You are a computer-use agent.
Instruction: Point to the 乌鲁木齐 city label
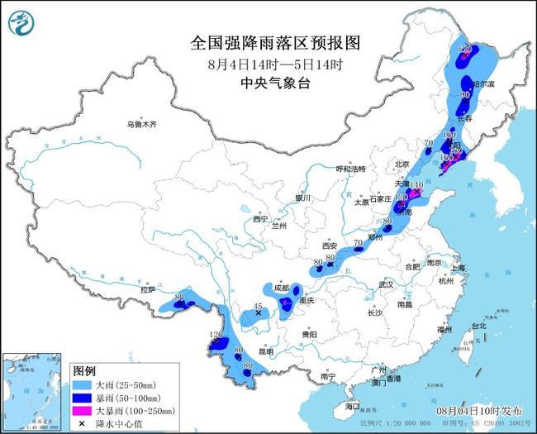(x=141, y=124)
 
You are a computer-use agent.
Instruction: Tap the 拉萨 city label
(x=148, y=290)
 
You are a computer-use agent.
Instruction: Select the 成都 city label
(x=280, y=288)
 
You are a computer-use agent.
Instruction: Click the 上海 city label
(x=459, y=269)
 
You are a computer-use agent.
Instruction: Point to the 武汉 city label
(x=386, y=284)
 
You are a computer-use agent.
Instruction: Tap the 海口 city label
(x=353, y=407)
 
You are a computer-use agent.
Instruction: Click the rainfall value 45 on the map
(x=258, y=307)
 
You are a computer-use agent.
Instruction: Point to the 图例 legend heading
(x=84, y=370)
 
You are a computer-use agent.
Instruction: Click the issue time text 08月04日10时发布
(x=479, y=410)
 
